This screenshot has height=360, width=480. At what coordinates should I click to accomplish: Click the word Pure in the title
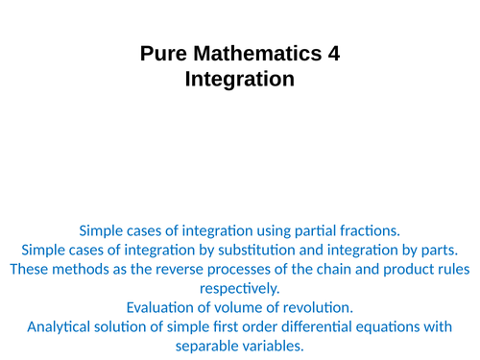162,55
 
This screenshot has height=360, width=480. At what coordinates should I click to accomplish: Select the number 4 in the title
333,55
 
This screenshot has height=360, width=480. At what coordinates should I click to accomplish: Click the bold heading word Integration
239,80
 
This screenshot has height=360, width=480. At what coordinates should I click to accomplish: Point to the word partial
294,230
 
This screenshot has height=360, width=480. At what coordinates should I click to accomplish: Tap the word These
31,269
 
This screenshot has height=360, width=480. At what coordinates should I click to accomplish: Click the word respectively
239,288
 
